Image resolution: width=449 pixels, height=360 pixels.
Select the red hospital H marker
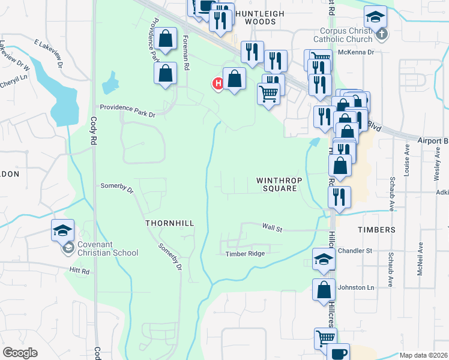click(x=218, y=83)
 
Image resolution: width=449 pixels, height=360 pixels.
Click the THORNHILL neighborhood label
click(x=170, y=223)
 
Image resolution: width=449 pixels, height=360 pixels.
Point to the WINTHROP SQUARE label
click(x=277, y=184)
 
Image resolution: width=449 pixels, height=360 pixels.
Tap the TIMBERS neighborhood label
click(x=377, y=230)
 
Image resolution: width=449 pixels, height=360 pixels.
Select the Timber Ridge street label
click(x=245, y=254)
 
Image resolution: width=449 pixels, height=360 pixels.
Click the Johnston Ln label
click(x=356, y=287)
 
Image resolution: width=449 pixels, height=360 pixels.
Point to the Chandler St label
click(x=356, y=250)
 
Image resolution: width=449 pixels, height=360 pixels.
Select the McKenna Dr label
click(x=356, y=52)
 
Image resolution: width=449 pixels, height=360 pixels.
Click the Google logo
click(x=20, y=353)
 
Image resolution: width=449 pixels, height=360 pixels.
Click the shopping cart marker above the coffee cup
click(x=325, y=337)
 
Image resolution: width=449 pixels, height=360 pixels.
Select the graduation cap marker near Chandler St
click(x=324, y=259)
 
